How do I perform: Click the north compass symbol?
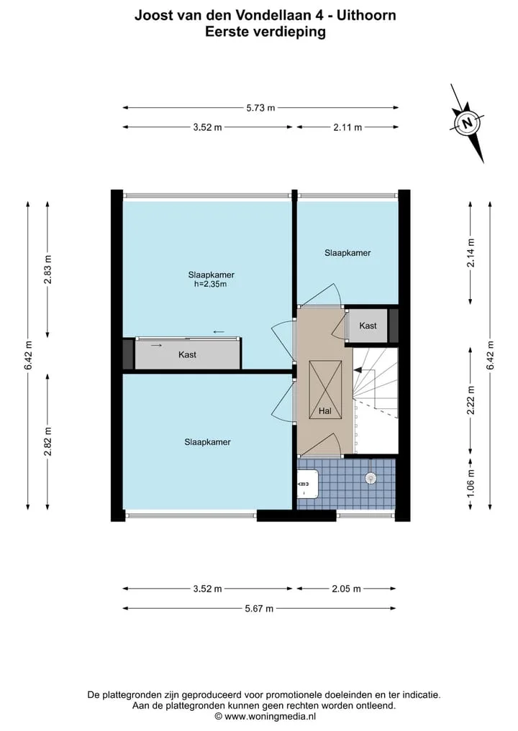[467, 123]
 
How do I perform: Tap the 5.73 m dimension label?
[260, 108]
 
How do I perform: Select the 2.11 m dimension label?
[347, 127]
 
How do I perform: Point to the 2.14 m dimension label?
[471, 253]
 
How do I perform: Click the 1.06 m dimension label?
[471, 482]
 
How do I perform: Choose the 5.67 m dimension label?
[259, 608]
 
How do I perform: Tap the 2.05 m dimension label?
[346, 589]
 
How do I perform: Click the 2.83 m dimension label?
[47, 270]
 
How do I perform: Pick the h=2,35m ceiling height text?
[211, 284]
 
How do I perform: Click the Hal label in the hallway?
[324, 410]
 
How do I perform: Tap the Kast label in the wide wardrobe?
[187, 355]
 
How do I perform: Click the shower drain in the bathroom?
[371, 477]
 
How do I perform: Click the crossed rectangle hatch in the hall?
[325, 390]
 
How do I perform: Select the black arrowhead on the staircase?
[358, 369]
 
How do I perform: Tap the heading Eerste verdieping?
[265, 32]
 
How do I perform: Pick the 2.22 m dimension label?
[471, 400]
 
